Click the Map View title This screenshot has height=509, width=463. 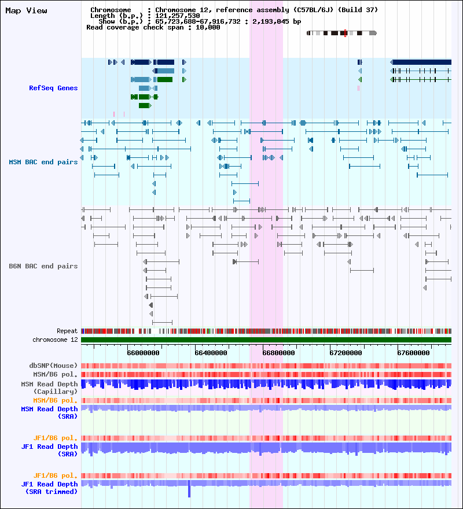click(26, 11)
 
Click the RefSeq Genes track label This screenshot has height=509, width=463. click(53, 88)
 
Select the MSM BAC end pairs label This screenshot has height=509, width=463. click(43, 162)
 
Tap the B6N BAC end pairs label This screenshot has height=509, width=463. click(43, 266)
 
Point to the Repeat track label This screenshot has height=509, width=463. click(67, 331)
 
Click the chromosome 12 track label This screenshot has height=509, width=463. click(55, 340)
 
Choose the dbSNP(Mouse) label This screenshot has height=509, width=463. click(53, 366)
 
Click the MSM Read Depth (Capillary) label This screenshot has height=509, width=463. click(49, 388)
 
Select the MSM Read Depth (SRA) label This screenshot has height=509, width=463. click(49, 412)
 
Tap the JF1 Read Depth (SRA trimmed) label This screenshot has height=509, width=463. click(49, 488)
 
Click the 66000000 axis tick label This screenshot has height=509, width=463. click(144, 353)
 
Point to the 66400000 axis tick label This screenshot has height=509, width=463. click(211, 353)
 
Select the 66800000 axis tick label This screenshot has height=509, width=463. click(278, 353)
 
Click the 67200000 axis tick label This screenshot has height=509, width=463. click(346, 353)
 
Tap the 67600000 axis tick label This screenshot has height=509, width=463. click(413, 353)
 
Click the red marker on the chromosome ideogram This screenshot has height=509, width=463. click(345, 33)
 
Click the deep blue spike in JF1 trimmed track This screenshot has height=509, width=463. click(189, 489)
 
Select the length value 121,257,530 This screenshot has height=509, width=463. click(178, 16)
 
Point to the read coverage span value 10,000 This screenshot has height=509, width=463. click(208, 28)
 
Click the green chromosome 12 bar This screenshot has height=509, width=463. click(266, 340)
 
